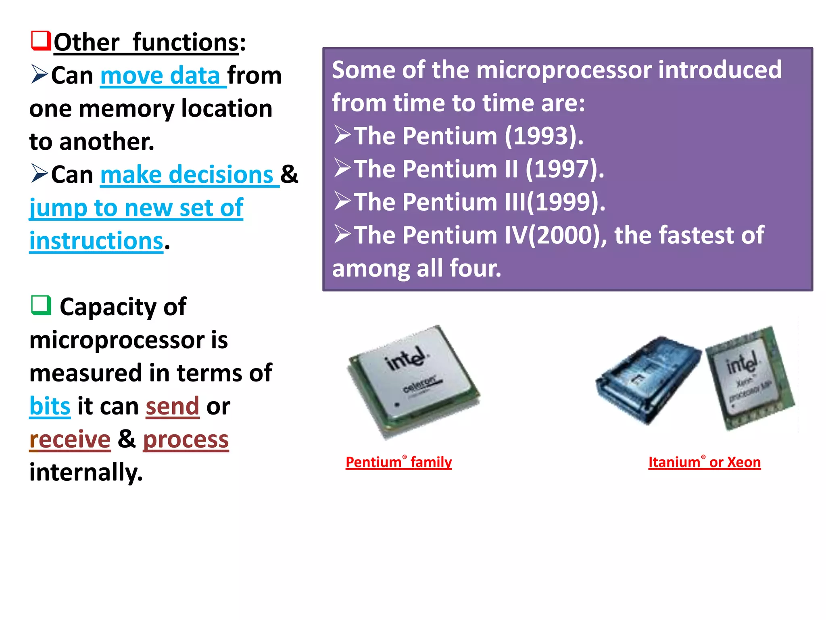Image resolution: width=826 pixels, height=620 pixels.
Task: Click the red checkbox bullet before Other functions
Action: coord(41,40)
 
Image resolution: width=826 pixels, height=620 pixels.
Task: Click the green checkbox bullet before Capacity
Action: coord(41,305)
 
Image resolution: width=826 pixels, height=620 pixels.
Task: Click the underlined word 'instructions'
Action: coord(96,241)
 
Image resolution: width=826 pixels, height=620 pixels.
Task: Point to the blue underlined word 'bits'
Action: coord(50,406)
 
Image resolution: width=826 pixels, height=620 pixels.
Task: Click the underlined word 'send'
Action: coord(173,406)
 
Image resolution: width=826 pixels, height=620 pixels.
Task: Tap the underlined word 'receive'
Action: coord(70,439)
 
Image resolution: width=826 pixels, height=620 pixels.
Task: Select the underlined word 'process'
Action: coord(186,439)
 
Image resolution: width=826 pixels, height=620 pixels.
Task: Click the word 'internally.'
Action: coord(86,472)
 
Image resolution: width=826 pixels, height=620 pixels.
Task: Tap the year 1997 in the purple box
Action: coord(564,169)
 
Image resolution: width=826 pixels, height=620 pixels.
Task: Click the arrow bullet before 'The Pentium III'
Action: coord(342,201)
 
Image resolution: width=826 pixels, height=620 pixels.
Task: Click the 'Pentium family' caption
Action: coord(398,462)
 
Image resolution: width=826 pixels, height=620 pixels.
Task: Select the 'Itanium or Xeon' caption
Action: coord(704,462)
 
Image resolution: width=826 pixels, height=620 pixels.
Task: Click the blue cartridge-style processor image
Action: coord(647,379)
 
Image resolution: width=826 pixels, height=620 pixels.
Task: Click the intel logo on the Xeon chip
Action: coord(741,363)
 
